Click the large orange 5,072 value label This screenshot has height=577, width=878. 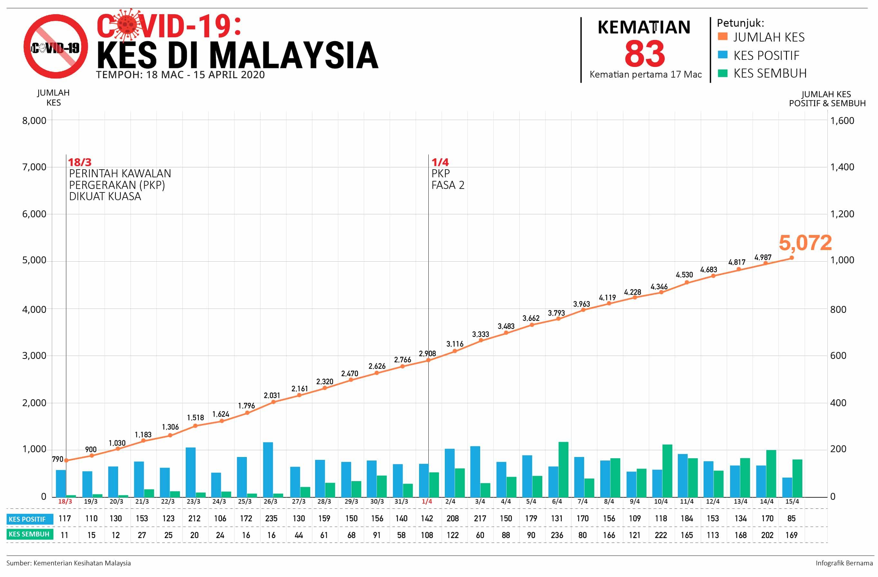click(805, 243)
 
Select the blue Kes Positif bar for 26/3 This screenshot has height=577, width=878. click(268, 469)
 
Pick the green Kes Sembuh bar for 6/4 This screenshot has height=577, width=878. click(563, 469)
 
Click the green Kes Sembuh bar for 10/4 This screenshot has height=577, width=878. click(668, 470)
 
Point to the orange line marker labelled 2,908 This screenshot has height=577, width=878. click(428, 360)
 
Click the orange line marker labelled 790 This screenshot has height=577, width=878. click(66, 461)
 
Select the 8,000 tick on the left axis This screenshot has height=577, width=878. click(34, 121)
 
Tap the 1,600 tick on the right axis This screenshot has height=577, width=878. click(842, 121)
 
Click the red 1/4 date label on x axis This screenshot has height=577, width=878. click(427, 501)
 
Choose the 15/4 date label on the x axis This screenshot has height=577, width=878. click(792, 501)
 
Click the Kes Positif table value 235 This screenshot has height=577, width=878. click(271, 518)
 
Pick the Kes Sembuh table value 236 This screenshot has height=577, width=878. click(557, 535)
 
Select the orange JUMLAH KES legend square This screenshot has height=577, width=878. click(723, 36)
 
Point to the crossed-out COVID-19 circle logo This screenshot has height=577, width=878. click(56, 46)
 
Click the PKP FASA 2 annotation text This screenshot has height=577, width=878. click(447, 179)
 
